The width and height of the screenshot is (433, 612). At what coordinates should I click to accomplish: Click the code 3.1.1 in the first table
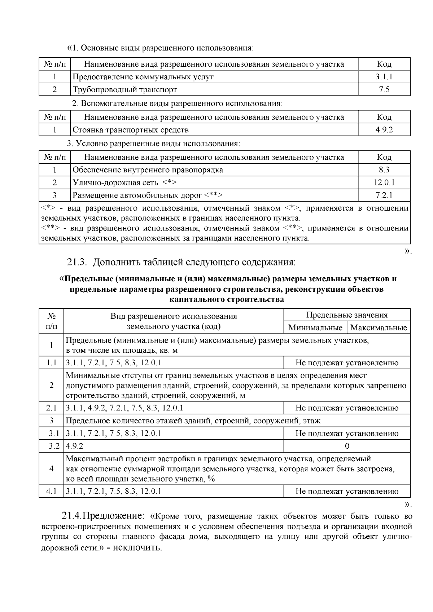[x=384, y=77]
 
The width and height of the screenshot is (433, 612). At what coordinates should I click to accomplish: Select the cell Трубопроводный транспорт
[x=125, y=89]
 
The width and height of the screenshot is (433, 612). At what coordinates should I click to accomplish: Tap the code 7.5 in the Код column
[x=384, y=89]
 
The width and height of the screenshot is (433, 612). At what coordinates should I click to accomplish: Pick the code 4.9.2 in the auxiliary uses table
[x=384, y=130]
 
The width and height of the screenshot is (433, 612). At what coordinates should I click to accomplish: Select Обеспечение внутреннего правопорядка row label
[x=148, y=170]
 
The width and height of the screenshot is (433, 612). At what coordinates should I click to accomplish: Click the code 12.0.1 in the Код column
[x=384, y=182]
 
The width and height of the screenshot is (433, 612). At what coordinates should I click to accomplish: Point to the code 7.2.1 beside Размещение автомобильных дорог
[x=384, y=195]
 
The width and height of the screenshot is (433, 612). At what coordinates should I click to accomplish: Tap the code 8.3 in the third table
[x=384, y=170]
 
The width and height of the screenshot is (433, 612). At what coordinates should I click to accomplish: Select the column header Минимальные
[x=315, y=328]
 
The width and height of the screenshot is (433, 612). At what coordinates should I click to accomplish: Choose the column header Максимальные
[x=379, y=328]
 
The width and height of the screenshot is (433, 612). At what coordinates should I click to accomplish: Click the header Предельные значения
[x=347, y=315]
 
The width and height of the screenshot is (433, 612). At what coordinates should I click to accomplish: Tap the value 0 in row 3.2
[x=347, y=446]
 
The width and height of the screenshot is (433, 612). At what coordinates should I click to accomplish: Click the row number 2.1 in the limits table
[x=51, y=408]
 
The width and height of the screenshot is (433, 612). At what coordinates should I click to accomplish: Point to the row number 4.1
[x=51, y=491]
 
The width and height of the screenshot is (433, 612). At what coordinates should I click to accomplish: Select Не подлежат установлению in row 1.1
[x=347, y=363]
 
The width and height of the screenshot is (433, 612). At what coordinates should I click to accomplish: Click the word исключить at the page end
[x=137, y=548]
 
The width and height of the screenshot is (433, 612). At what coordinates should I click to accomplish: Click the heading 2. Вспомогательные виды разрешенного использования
[x=177, y=104]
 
